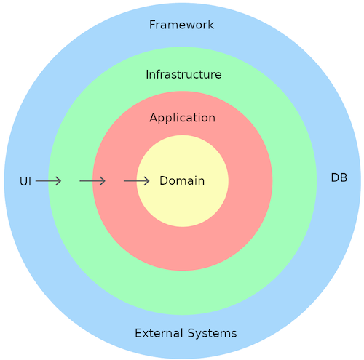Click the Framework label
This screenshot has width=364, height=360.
point(181,25)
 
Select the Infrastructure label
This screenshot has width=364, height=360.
point(183,74)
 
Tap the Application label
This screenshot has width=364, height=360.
point(182,119)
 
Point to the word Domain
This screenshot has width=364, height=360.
point(182,180)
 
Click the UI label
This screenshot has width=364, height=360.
point(25,181)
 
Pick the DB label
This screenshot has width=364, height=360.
point(339,177)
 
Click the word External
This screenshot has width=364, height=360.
point(159,333)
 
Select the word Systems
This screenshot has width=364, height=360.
point(212,334)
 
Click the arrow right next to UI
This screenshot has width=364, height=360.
point(48,181)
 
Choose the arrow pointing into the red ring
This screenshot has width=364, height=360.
point(92,181)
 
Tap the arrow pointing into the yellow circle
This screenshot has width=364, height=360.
point(137,181)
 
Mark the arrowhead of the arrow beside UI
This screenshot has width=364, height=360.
point(59,181)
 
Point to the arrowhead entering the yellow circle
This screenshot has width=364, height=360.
point(147,181)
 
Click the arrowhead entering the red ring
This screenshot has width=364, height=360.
point(103,181)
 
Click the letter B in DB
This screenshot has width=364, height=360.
point(344,177)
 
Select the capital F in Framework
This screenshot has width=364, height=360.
point(152,25)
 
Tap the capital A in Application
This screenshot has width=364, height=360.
point(154,118)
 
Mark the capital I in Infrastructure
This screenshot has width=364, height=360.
point(147,74)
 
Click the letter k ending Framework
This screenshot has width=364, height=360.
point(211,25)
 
